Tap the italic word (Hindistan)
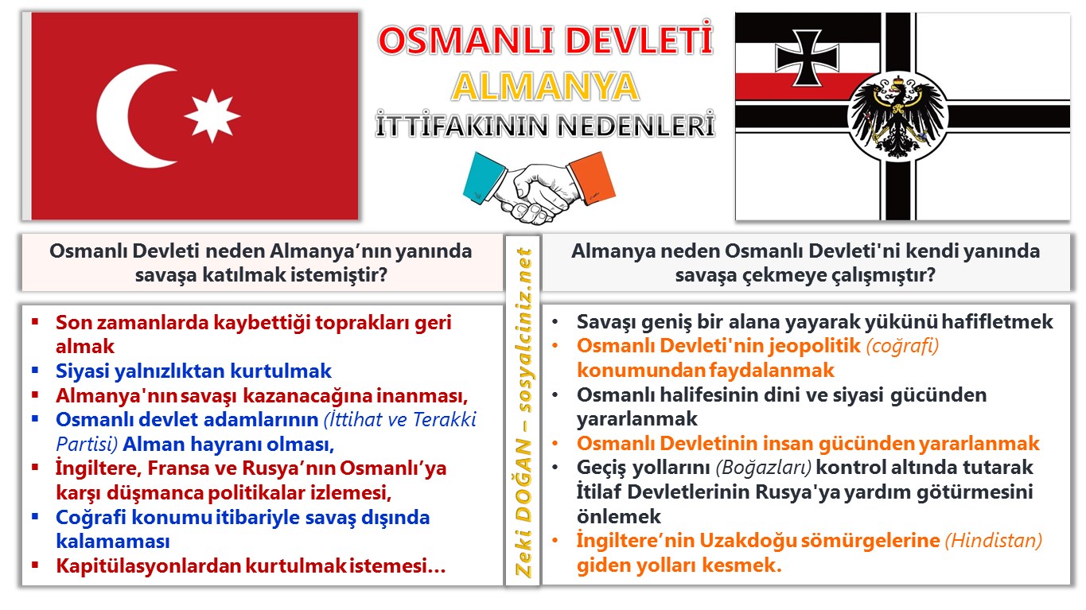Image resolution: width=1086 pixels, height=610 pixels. (x=994, y=541)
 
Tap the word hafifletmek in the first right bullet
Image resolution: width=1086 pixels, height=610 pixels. (x=997, y=322)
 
